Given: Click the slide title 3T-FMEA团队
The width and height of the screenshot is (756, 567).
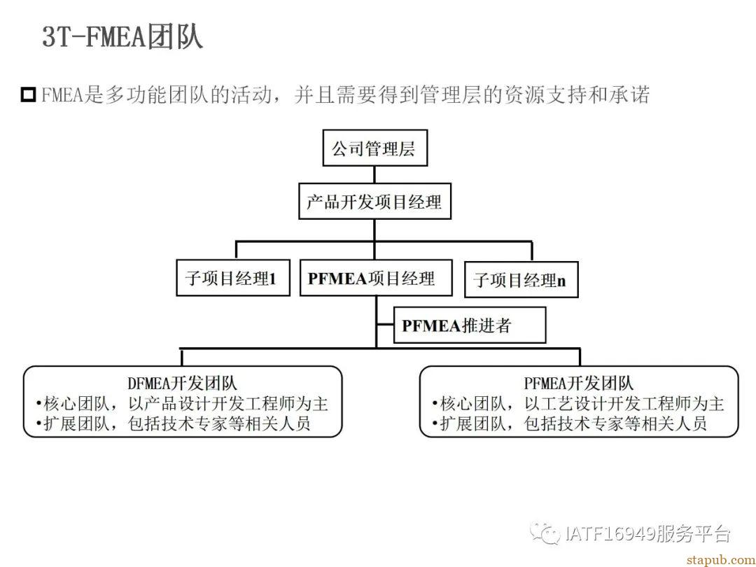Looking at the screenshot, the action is pyautogui.click(x=122, y=36).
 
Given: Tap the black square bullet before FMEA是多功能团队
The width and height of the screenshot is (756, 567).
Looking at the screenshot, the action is pyautogui.click(x=29, y=94).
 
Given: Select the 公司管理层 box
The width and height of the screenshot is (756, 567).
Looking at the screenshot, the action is pyautogui.click(x=374, y=148).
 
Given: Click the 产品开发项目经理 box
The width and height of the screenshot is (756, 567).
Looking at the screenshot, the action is pyautogui.click(x=374, y=201).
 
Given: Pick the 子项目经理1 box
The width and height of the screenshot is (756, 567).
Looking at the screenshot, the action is pyautogui.click(x=233, y=278).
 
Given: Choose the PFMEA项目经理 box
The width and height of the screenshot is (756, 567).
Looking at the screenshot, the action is pyautogui.click(x=376, y=278).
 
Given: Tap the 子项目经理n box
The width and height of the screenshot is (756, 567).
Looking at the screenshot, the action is pyautogui.click(x=521, y=279).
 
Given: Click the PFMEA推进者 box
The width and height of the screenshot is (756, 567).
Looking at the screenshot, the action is pyautogui.click(x=470, y=325).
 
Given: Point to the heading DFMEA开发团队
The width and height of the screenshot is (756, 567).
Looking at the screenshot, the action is pyautogui.click(x=182, y=384).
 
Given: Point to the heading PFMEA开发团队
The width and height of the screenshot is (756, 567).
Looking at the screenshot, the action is pyautogui.click(x=579, y=384).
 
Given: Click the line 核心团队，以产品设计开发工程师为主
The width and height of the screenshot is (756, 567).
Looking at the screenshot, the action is pyautogui.click(x=182, y=404).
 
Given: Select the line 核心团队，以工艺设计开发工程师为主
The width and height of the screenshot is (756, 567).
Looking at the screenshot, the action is pyautogui.click(x=578, y=404).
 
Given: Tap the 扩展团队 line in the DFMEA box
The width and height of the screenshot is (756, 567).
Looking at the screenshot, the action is pyautogui.click(x=173, y=423).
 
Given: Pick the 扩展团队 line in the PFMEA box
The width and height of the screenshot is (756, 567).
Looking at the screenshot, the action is pyautogui.click(x=569, y=423).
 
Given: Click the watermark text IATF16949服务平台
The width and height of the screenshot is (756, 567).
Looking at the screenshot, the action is pyautogui.click(x=647, y=533).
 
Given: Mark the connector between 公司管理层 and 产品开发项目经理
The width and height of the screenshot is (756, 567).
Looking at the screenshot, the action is pyautogui.click(x=374, y=174).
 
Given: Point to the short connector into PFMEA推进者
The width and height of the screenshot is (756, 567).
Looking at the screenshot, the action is pyautogui.click(x=385, y=325).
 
